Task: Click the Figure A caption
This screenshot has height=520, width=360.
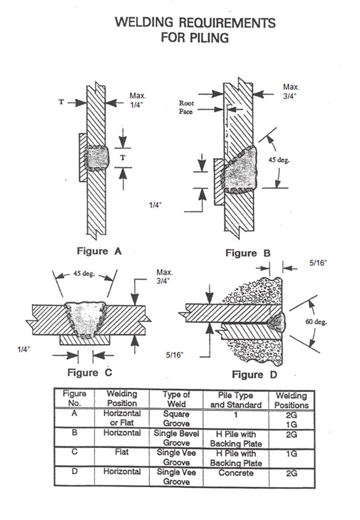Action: [99, 251]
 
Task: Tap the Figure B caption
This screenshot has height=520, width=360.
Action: [248, 253]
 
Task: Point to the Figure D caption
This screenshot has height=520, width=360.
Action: [254, 374]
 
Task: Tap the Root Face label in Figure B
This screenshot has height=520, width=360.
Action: [186, 107]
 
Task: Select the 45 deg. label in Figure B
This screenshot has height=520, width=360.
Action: [279, 160]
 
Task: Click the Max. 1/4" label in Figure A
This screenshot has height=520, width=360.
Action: [137, 100]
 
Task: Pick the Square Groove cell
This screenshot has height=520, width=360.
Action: [176, 418]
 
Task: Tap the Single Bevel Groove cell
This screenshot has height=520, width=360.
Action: [176, 438]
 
